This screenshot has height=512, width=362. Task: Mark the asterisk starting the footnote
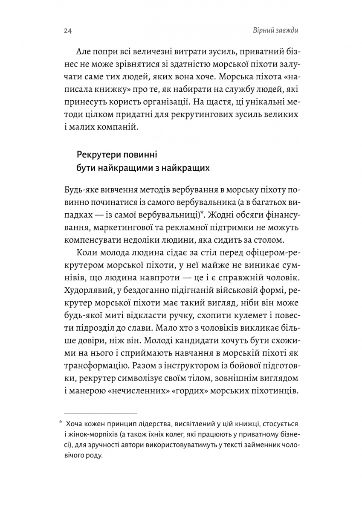[x=61, y=424]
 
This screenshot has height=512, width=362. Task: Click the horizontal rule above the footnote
[x=98, y=413]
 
